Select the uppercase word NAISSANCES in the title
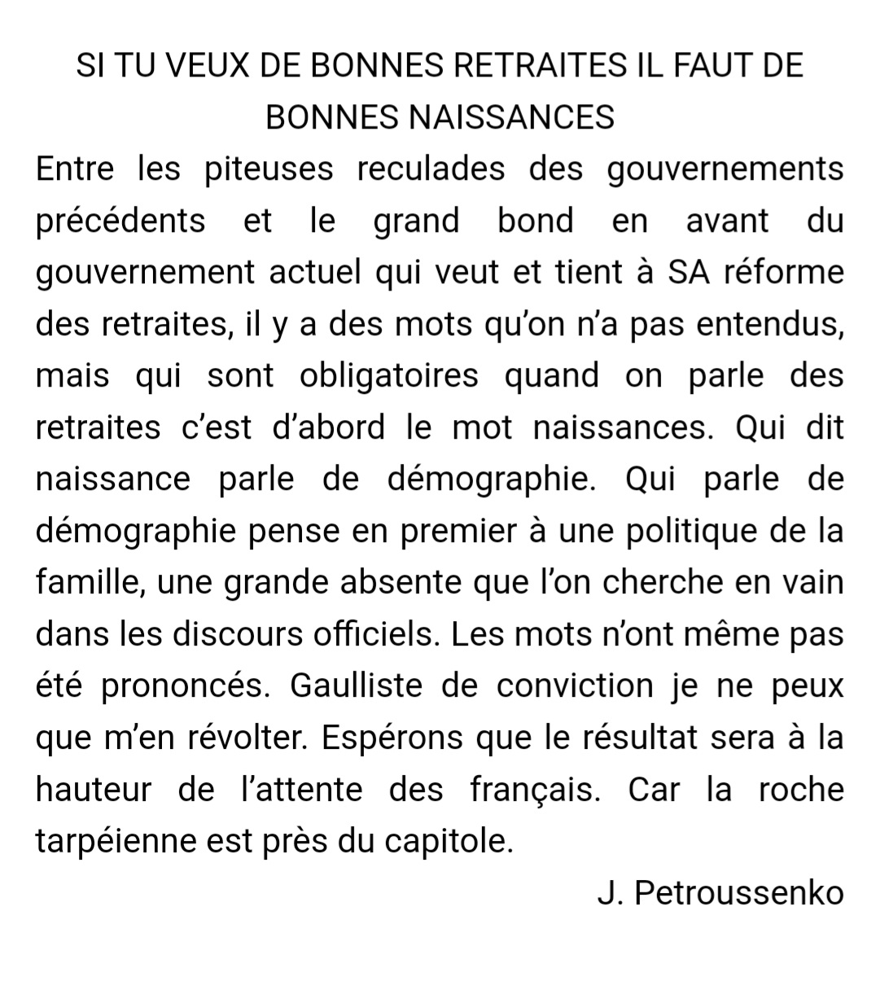point(510,117)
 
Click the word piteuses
point(269,169)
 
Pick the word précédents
point(120,221)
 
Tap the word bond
point(536,221)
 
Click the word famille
point(90,584)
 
